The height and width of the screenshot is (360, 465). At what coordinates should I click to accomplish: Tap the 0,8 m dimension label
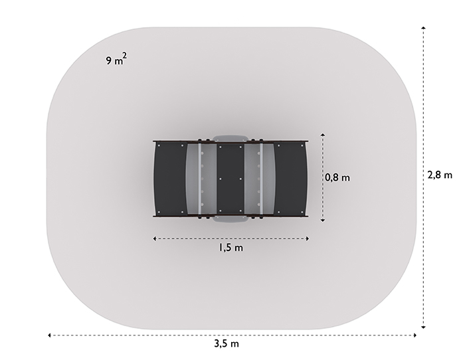(337, 177)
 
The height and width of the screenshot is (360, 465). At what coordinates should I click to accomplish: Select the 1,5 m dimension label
(231, 247)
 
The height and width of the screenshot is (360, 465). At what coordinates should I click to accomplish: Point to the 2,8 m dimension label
(440, 175)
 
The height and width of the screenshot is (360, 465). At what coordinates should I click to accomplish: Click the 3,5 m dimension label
(227, 343)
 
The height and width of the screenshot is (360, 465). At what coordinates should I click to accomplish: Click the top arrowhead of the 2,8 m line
(424, 28)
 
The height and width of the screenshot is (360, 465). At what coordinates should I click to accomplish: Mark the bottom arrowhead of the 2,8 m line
(424, 327)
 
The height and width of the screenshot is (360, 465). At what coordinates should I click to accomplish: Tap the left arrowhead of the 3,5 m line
(50, 335)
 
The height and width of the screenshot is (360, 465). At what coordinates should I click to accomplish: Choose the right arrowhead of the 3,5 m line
(415, 335)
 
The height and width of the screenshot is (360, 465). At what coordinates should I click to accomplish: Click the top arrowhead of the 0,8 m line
(323, 135)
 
